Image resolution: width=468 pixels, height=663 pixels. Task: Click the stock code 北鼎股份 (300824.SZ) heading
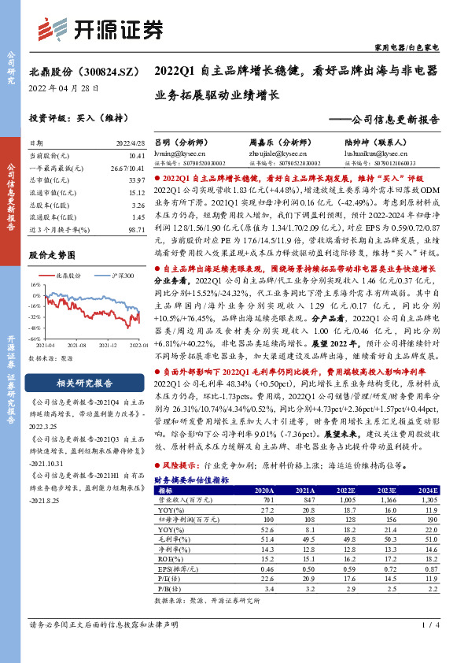74,72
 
